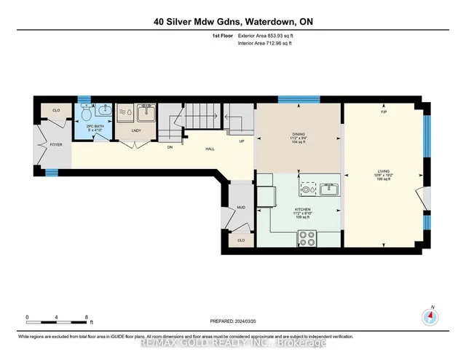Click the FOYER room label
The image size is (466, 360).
57,145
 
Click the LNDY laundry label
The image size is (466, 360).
135,131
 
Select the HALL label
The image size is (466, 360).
210,149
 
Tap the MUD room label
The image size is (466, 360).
240,207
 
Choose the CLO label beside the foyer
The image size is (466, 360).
55,111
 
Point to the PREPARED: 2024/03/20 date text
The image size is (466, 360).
232,318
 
